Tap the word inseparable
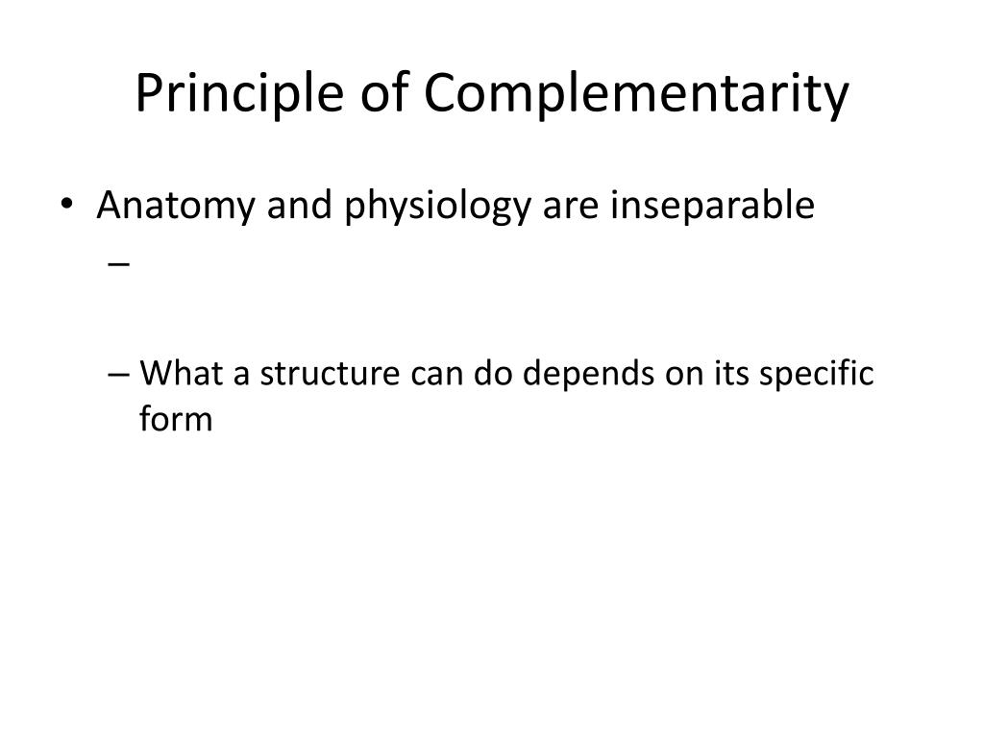click(x=712, y=206)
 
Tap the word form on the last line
click(x=176, y=419)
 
